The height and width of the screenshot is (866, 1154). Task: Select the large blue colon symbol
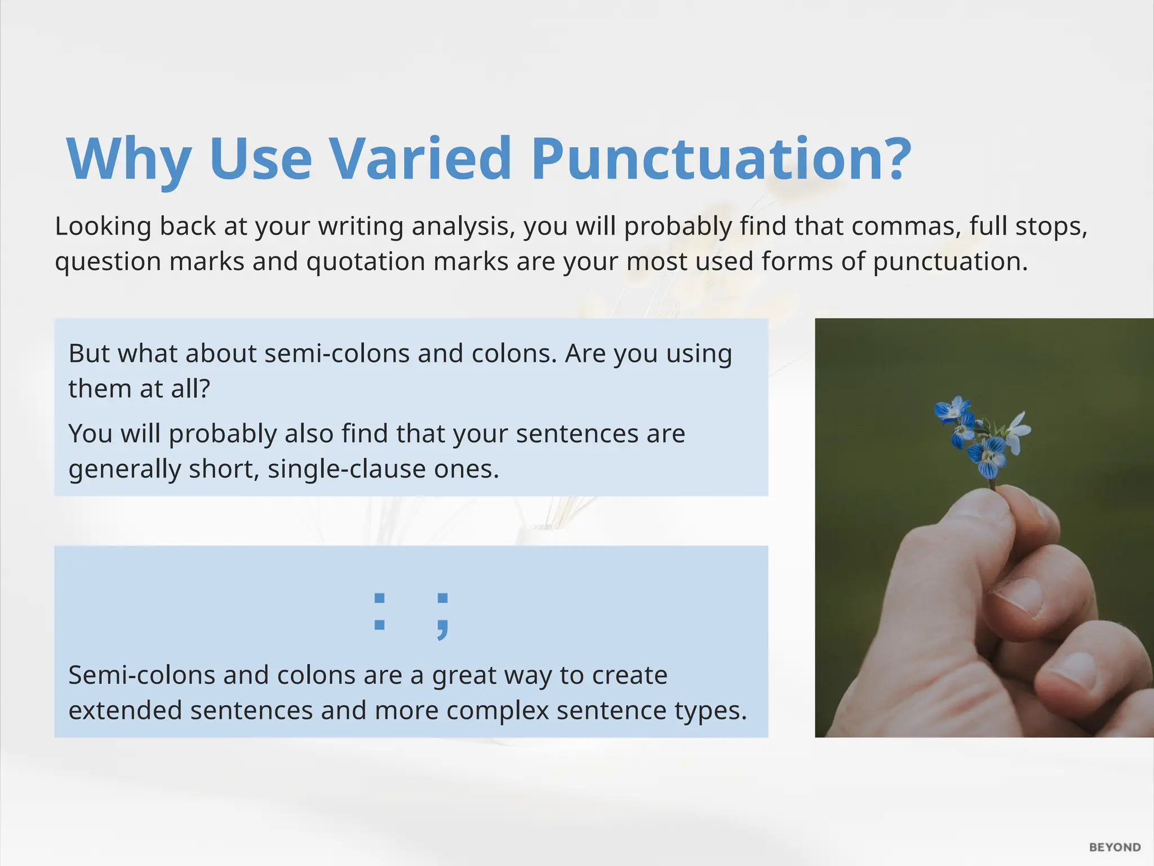[x=379, y=611]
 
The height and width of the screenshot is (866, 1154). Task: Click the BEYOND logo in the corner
[x=1115, y=847]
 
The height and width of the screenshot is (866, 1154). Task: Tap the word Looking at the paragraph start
[x=103, y=227]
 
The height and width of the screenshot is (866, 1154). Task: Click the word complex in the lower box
[x=497, y=710]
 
